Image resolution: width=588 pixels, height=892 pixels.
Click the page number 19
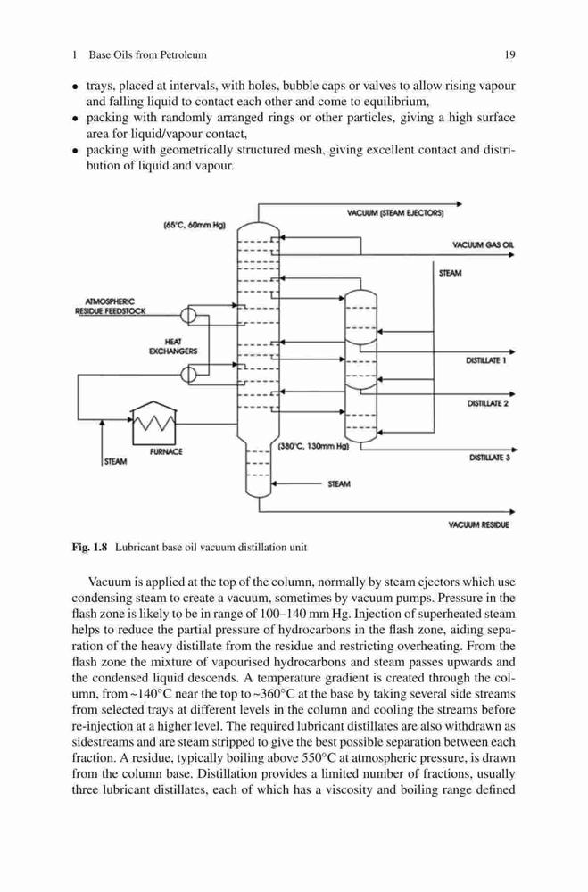(x=509, y=55)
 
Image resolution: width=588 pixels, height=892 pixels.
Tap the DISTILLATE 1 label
(x=486, y=360)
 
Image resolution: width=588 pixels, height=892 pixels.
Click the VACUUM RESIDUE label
(x=479, y=525)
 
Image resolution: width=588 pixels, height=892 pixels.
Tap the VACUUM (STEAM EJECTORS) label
(x=395, y=213)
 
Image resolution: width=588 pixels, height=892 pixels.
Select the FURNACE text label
(x=166, y=451)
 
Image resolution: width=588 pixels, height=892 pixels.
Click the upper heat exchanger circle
(x=188, y=315)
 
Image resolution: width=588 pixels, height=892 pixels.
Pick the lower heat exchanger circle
(x=188, y=374)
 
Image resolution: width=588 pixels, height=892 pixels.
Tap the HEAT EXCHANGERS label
(x=173, y=346)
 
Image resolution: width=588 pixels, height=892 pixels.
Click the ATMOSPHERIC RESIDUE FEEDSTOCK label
(x=111, y=306)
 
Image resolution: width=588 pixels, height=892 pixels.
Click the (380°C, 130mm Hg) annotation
(x=312, y=447)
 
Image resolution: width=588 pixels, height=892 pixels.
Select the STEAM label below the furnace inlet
(x=116, y=461)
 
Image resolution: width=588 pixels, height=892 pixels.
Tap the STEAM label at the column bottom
(x=339, y=484)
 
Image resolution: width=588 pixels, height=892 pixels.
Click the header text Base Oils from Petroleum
(x=147, y=55)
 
